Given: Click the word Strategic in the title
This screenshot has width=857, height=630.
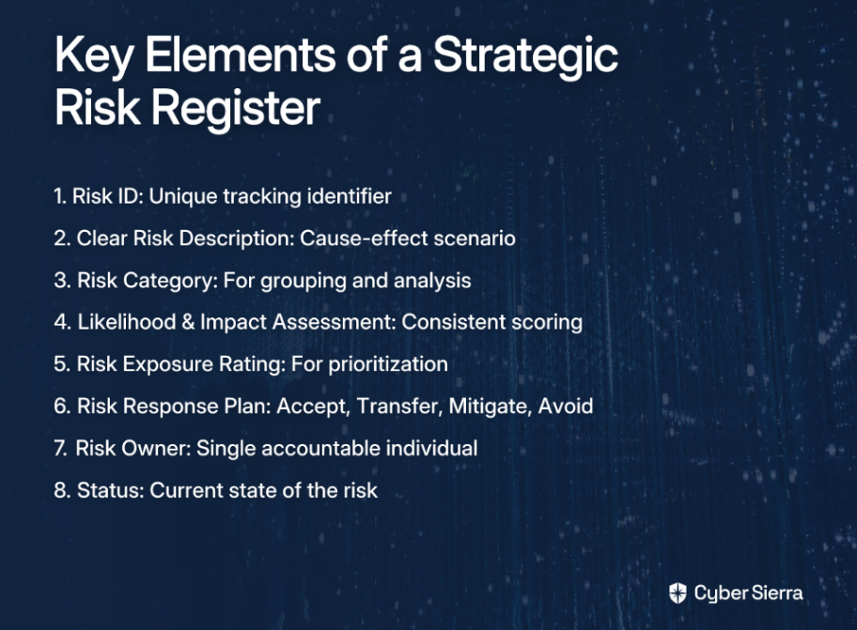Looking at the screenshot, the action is [525, 56].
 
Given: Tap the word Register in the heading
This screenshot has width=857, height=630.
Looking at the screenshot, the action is [236, 108].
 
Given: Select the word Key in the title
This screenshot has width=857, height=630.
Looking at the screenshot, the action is [93, 55].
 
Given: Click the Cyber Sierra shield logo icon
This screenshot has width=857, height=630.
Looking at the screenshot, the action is [678, 592].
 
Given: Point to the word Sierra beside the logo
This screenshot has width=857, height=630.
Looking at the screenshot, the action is [776, 592].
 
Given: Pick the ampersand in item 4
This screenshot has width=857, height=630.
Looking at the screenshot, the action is [188, 322].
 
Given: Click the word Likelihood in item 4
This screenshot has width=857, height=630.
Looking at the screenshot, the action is [126, 322].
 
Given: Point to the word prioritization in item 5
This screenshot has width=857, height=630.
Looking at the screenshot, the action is [388, 364].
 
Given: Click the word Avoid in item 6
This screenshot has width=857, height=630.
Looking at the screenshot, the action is [566, 407].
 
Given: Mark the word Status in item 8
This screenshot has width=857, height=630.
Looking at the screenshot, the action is [110, 490].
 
